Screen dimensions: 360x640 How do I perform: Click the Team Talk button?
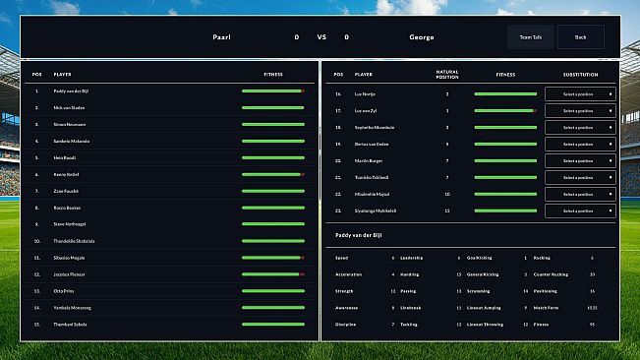click(530, 37)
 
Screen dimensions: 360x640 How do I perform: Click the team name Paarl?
click(221, 37)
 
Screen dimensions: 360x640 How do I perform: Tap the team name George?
click(421, 37)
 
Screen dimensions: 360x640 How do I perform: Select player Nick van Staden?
click(69, 107)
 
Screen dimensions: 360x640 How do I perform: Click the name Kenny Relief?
click(67, 174)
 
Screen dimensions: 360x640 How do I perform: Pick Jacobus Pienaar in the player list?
click(70, 273)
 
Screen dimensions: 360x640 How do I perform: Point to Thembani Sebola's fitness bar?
click(273, 324)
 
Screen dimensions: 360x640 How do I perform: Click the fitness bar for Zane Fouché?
click(273, 191)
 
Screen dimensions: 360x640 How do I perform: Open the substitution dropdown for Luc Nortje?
click(580, 94)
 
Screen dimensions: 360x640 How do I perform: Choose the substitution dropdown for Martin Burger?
click(580, 160)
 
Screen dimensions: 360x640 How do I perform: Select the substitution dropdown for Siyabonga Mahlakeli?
click(580, 210)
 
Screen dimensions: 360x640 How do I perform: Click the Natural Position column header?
click(446, 74)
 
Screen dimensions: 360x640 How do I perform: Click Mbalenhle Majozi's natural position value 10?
click(446, 194)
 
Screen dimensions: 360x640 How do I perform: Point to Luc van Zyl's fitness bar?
click(505, 111)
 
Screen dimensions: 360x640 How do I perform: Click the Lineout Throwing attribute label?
click(481, 324)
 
